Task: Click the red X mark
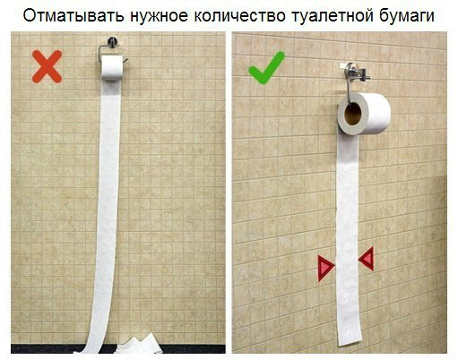point(48,66)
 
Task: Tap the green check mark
point(266,68)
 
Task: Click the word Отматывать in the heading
point(73,16)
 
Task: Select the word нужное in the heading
point(159,17)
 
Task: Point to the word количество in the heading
point(239,16)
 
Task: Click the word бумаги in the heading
point(407,16)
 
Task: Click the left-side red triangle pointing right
point(326,268)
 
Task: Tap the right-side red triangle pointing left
point(367,259)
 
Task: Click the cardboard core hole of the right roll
point(352,114)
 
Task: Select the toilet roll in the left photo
point(112,68)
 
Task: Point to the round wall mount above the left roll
point(113,41)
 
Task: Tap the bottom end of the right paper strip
point(350,342)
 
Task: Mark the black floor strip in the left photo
point(118,348)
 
